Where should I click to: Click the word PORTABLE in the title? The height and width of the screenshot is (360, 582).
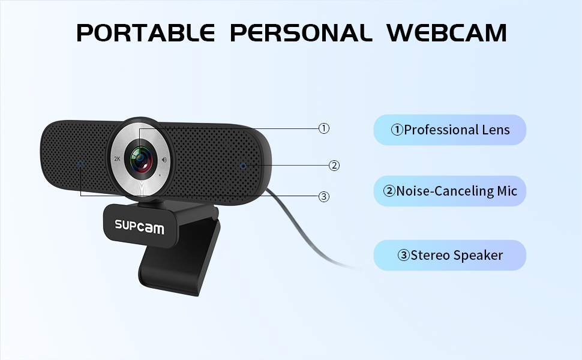coord(146,33)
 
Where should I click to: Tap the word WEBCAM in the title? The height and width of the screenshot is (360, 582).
coord(446,33)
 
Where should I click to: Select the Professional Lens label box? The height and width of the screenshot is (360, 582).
coord(449,130)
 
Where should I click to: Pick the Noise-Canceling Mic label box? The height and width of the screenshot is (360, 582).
coord(449,191)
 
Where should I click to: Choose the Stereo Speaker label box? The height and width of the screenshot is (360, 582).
coord(449,256)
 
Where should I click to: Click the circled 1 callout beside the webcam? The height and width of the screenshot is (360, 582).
coord(324,128)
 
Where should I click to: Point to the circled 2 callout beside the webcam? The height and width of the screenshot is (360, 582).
coord(334,166)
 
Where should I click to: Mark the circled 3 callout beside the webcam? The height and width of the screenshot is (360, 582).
coord(324,196)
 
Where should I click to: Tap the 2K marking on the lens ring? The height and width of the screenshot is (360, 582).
coord(118,160)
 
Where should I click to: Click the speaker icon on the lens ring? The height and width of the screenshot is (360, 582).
coord(164,160)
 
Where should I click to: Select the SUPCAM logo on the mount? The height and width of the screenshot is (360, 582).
coord(139,226)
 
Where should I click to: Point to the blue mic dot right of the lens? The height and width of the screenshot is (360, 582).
coord(243,165)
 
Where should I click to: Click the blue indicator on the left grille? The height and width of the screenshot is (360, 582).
coord(81,163)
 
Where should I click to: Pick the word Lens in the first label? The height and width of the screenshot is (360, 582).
coord(496,130)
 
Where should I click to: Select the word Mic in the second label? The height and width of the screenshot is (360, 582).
coord(506,191)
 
